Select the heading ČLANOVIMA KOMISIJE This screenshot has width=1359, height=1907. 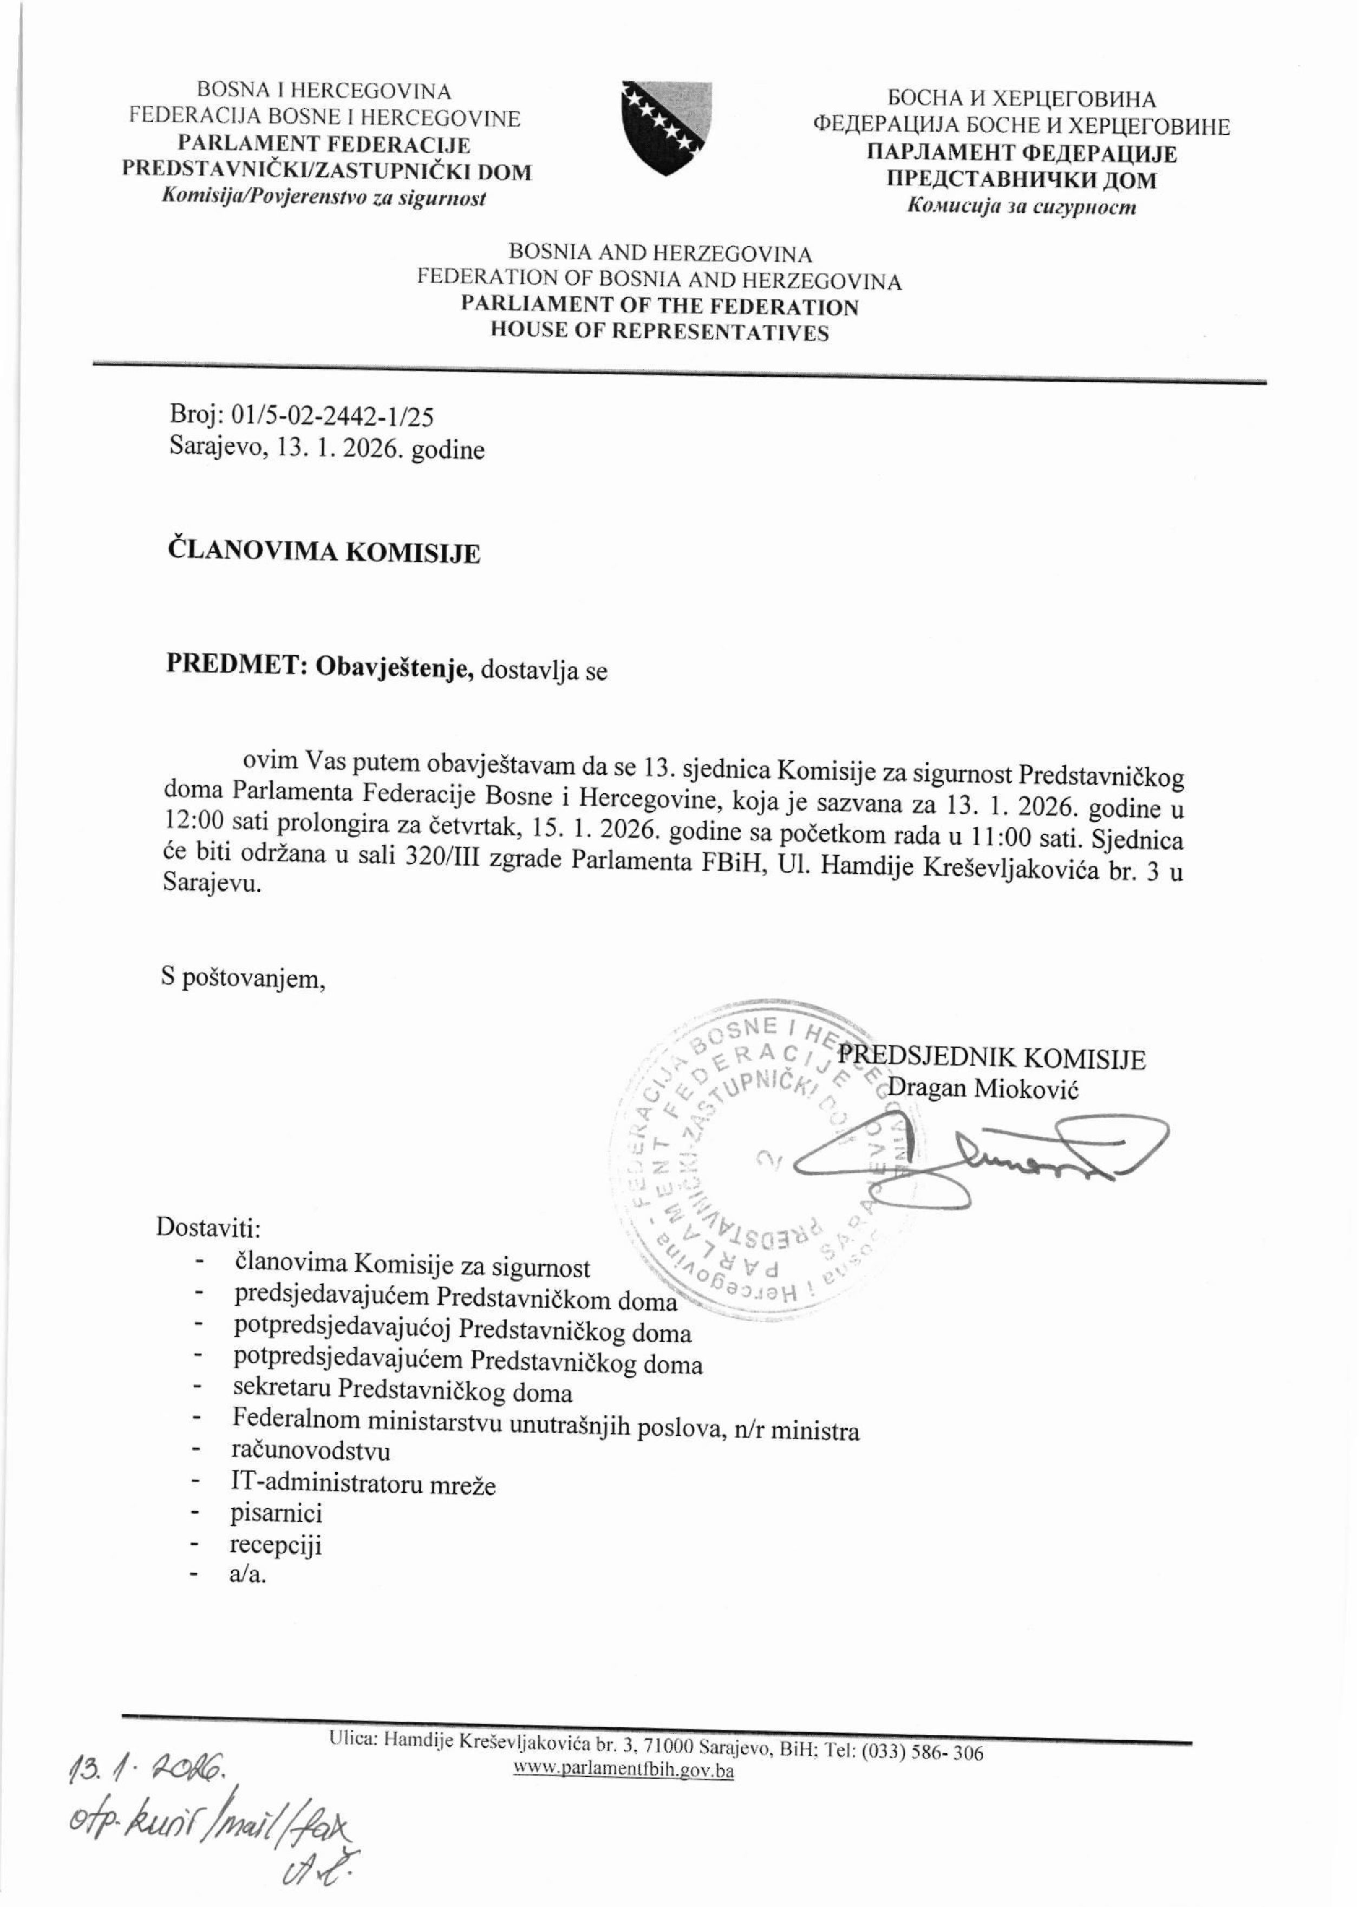tap(324, 553)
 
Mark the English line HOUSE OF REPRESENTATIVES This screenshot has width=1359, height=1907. tap(659, 333)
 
